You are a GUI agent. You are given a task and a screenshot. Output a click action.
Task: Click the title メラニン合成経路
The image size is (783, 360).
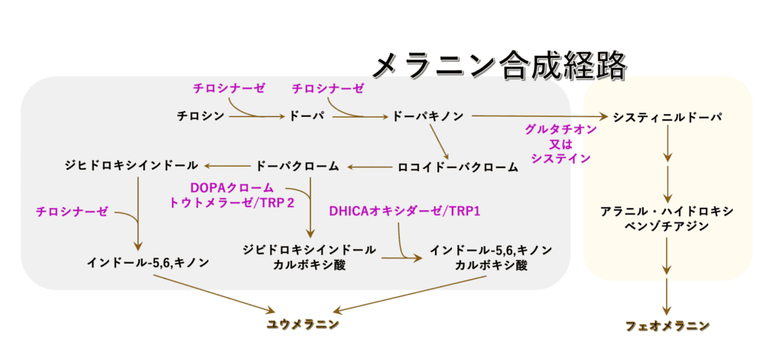click(499, 65)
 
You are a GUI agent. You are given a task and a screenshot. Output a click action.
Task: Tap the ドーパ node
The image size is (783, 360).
click(307, 116)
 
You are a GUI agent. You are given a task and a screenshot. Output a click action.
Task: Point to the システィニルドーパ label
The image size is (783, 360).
click(668, 117)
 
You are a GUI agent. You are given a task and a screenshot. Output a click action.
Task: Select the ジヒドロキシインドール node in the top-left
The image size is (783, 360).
click(132, 165)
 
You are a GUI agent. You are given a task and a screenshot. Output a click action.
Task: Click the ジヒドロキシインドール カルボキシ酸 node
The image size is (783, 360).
click(308, 257)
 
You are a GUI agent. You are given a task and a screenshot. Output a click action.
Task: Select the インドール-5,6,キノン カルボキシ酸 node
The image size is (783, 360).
click(490, 257)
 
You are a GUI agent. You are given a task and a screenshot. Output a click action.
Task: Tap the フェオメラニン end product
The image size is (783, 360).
click(667, 326)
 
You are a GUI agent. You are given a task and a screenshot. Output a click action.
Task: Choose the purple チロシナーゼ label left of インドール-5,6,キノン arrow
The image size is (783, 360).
click(72, 212)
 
